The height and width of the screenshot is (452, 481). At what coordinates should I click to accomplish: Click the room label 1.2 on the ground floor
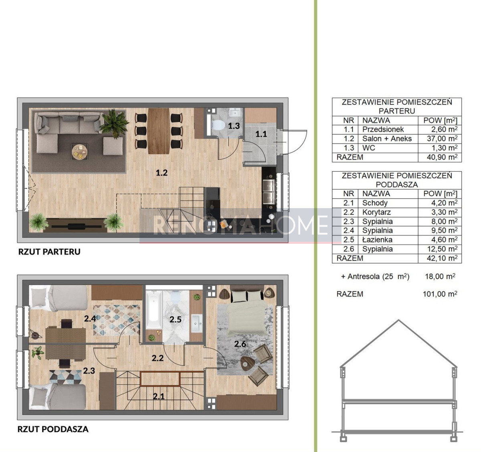pyautogui.click(x=162, y=173)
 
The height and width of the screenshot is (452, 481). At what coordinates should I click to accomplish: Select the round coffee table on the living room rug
pyautogui.click(x=79, y=152)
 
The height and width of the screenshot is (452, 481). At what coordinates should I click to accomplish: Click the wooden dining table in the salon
pyautogui.click(x=159, y=131)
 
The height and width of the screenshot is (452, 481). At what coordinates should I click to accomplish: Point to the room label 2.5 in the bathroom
pyautogui.click(x=176, y=319)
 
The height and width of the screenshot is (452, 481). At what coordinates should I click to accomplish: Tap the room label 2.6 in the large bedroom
pyautogui.click(x=240, y=344)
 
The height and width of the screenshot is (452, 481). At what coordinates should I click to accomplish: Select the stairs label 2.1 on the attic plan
pyautogui.click(x=159, y=396)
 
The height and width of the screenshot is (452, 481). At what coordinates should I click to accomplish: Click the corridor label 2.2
pyautogui.click(x=158, y=358)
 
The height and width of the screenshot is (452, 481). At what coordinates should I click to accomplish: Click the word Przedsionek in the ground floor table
pyautogui.click(x=383, y=130)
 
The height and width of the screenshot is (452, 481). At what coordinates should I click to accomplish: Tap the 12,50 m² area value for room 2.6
pyautogui.click(x=442, y=249)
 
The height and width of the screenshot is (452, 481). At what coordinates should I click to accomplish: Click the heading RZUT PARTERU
pyautogui.click(x=49, y=252)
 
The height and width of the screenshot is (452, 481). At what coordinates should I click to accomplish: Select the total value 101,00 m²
pyautogui.click(x=440, y=294)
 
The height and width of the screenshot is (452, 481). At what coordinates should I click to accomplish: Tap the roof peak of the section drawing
pyautogui.click(x=398, y=320)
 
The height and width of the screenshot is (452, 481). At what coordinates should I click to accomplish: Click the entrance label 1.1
pyautogui.click(x=261, y=134)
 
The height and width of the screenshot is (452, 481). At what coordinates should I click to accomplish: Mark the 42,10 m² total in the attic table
pyautogui.click(x=442, y=258)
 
